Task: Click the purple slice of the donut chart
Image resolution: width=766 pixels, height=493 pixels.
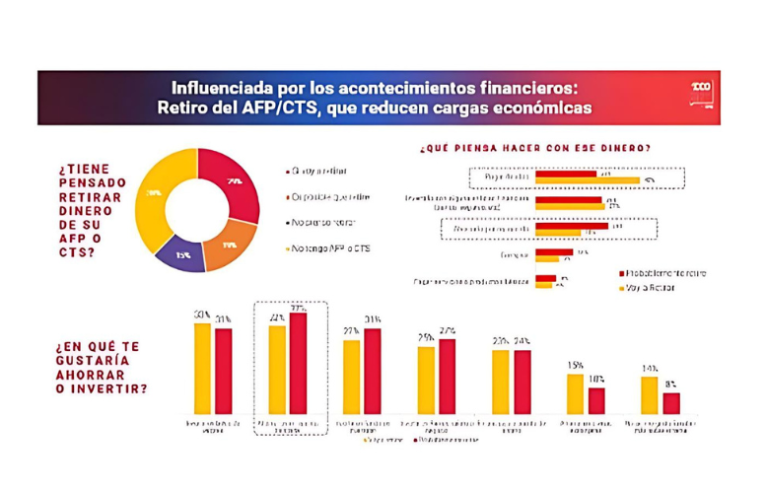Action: tap(182, 252)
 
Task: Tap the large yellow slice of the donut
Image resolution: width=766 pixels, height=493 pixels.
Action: tap(154, 197)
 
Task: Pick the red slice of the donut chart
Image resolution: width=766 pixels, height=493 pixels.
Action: tap(234, 179)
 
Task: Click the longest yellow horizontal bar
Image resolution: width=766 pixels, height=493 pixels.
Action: tap(588, 180)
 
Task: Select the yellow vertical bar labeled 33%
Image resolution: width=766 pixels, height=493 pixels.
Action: tap(201, 368)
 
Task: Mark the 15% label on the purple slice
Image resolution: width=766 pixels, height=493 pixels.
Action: tap(183, 254)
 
